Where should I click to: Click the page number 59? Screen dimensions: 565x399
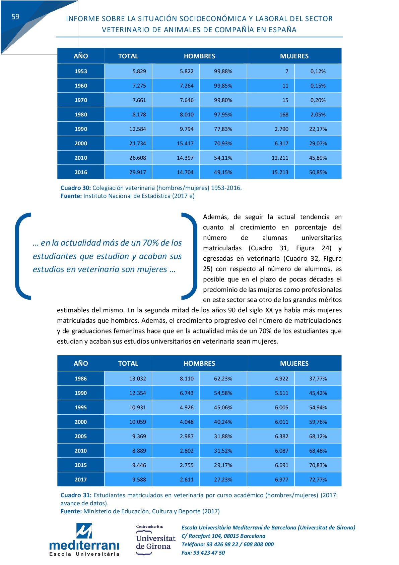[15, 17]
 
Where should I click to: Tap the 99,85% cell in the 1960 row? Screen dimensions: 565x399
[223, 86]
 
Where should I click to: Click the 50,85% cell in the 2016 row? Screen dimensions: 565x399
[318, 172]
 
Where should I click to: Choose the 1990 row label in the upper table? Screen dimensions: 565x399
[81, 129]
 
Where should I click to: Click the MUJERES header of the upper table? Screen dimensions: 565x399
[294, 56]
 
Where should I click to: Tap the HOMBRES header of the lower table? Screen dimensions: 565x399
[199, 363]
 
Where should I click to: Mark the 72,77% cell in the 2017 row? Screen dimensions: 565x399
[318, 479]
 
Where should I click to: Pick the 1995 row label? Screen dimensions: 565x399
[81, 407]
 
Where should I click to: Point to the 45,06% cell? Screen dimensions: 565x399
[223, 407]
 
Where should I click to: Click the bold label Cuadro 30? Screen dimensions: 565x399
[76, 188]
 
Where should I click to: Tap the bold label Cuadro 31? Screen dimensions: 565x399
[76, 495]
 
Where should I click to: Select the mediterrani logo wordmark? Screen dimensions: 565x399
[84, 544]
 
